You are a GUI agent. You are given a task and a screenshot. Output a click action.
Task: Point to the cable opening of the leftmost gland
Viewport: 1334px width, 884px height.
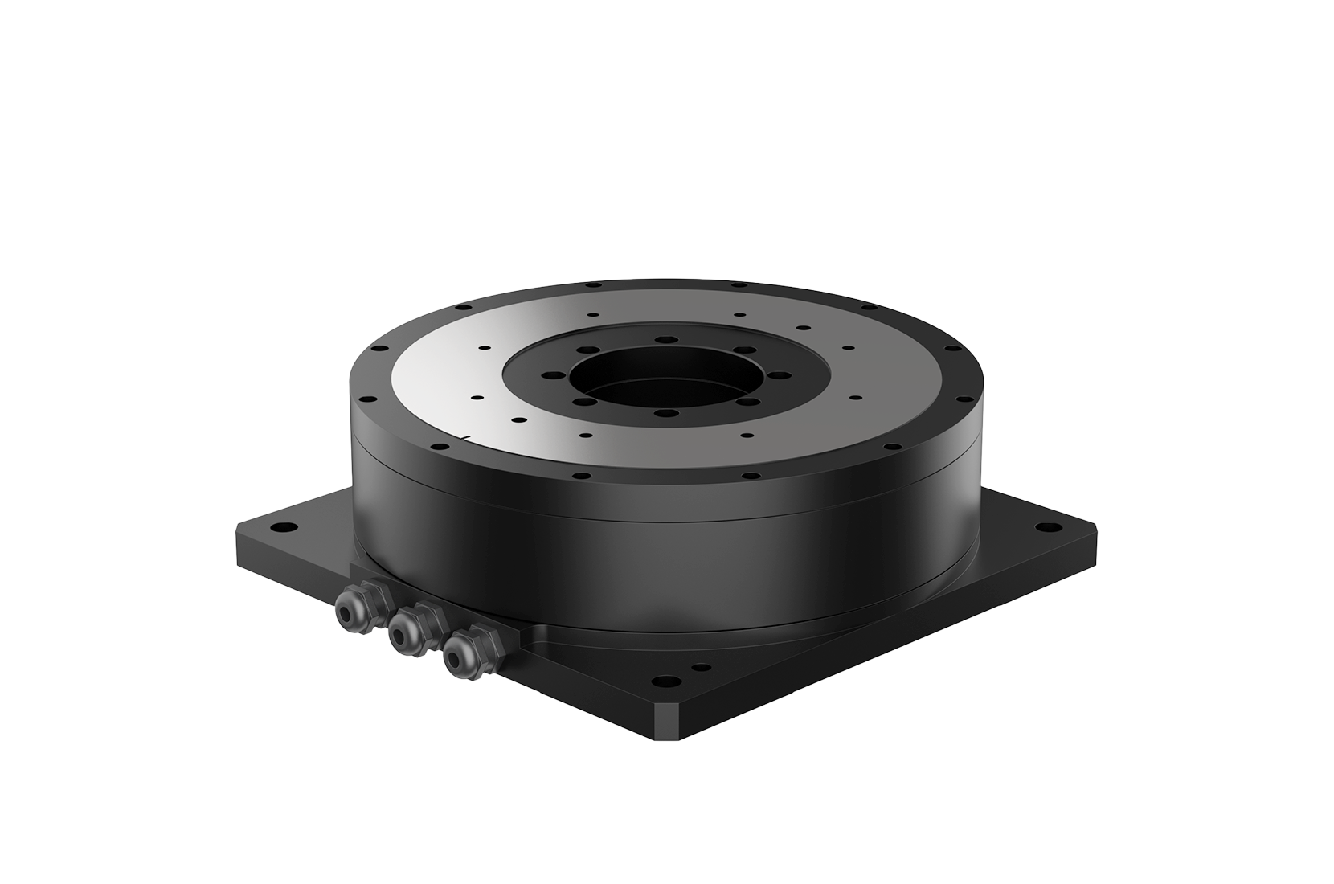pos(346,616)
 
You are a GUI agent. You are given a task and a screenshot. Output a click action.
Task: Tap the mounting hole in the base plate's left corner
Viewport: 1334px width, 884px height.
pos(282,528)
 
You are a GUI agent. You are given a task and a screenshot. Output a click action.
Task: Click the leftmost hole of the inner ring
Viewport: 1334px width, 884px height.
pos(549,374)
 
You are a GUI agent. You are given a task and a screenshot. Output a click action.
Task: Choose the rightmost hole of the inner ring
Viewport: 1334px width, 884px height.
pos(778,374)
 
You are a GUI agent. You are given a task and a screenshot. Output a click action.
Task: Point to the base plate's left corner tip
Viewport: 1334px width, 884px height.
pos(239,530)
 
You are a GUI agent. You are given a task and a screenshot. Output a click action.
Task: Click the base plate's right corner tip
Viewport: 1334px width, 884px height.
pos(1096,530)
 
